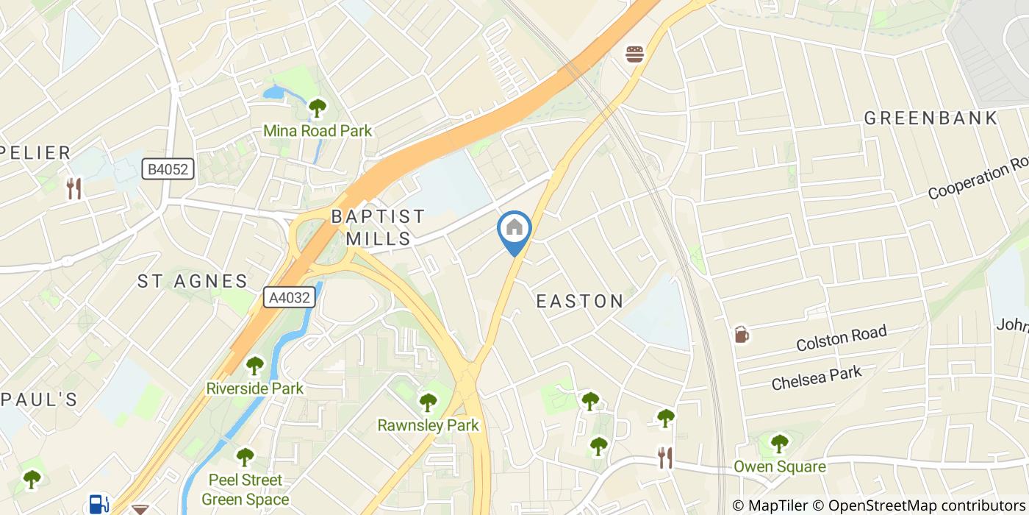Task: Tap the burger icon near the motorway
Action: (635, 54)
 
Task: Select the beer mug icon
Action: (742, 335)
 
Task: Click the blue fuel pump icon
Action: (97, 504)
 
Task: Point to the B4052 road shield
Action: (168, 170)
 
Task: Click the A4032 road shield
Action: (290, 296)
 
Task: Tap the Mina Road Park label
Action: (318, 131)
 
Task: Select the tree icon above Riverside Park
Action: (254, 365)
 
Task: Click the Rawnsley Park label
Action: (428, 425)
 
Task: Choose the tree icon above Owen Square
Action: (779, 444)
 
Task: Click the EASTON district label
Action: (580, 301)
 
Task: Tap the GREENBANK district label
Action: (931, 118)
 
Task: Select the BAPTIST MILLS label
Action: (378, 227)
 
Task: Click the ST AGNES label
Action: (193, 281)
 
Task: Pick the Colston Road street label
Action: (842, 339)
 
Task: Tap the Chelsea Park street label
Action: (816, 379)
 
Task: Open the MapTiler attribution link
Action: (774, 505)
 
